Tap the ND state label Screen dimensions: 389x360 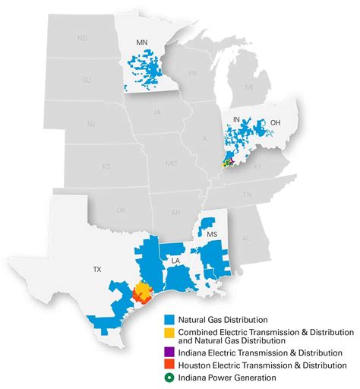(83, 38)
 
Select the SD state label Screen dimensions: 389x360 (86, 79)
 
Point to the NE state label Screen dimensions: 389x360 (92, 123)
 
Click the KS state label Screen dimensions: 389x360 (106, 166)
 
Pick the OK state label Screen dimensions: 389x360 (121, 210)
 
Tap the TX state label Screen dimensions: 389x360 (96, 270)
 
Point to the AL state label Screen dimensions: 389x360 (245, 238)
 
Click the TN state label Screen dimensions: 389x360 (248, 194)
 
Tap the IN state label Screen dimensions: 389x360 (236, 120)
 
